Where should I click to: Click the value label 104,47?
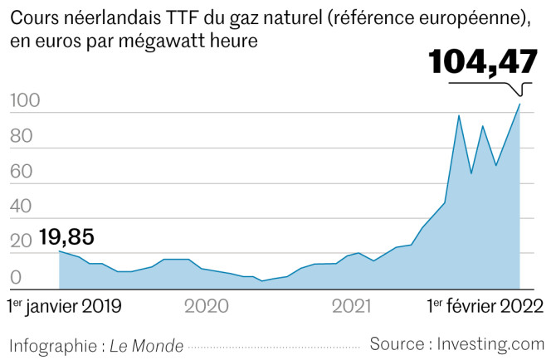click(482, 63)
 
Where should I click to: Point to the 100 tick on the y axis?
click(24, 102)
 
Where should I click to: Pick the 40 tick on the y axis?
click(21, 207)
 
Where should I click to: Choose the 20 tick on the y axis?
click(21, 242)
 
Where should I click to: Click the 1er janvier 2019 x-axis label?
click(64, 306)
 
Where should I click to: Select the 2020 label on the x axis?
click(206, 306)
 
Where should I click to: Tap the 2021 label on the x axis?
click(352, 306)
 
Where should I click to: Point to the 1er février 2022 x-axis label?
click(485, 306)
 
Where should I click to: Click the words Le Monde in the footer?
click(147, 345)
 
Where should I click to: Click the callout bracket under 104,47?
click(521, 88)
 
